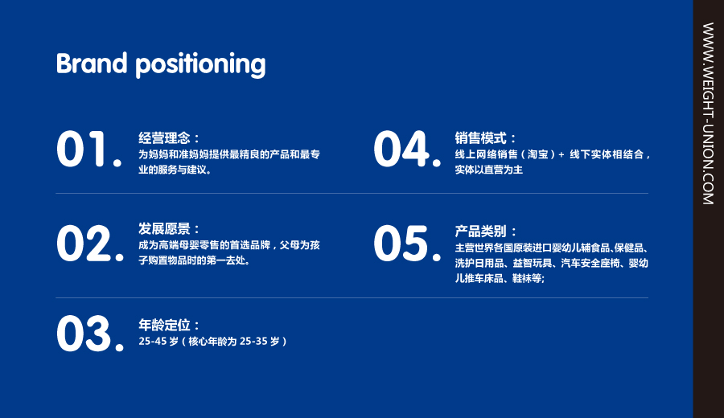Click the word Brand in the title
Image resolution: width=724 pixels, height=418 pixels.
(92, 64)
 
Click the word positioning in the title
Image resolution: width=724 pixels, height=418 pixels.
(200, 65)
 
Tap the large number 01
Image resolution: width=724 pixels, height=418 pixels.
(89, 149)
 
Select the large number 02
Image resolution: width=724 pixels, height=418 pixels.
(90, 244)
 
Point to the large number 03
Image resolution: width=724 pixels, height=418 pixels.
(90, 334)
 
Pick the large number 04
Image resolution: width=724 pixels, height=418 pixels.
(407, 149)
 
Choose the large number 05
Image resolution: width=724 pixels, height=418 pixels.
(407, 244)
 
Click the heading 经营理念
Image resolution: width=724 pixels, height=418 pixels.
(164, 137)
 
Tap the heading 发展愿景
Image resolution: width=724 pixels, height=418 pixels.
(164, 228)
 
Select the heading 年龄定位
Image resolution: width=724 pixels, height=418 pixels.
(164, 325)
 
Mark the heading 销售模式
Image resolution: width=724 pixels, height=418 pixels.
(481, 137)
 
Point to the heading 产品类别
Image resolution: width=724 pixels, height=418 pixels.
(481, 231)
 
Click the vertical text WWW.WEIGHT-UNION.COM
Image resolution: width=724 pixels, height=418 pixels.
(708, 113)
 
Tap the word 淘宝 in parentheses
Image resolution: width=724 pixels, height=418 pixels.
(538, 154)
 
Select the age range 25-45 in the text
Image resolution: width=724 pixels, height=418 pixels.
(152, 342)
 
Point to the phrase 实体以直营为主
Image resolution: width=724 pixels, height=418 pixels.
(489, 170)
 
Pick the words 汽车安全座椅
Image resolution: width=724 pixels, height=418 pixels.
(590, 263)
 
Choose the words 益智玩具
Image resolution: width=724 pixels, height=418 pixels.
(533, 263)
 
